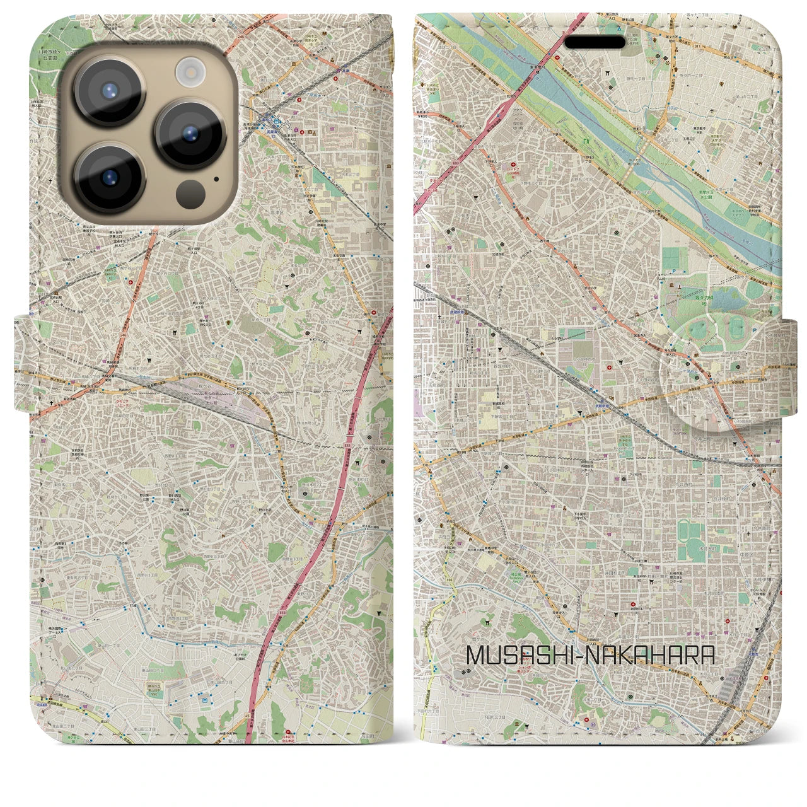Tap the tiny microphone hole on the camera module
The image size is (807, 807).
point(217,178)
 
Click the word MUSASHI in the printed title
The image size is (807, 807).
point(516,656)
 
